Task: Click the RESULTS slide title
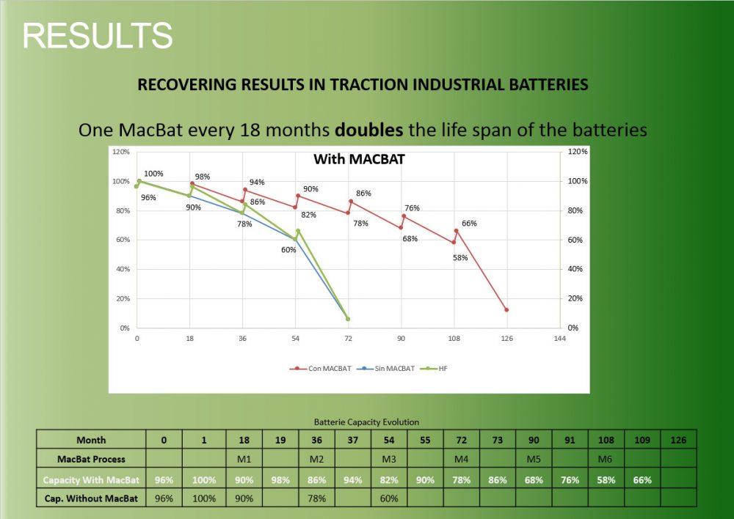coord(98,35)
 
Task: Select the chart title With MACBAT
coord(359,159)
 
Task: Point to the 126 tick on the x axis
coord(506,339)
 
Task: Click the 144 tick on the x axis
coord(559,339)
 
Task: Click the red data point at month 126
coord(506,310)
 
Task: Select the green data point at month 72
coord(348,319)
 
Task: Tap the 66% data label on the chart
coord(470,224)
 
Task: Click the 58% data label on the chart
coord(460,257)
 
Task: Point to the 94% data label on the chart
coord(257,182)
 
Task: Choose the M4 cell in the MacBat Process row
coord(462,459)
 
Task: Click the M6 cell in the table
coord(606,459)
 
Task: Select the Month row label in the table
coord(91,440)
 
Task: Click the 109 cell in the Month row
coord(642,440)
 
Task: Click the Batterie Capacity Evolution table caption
coord(366,422)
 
